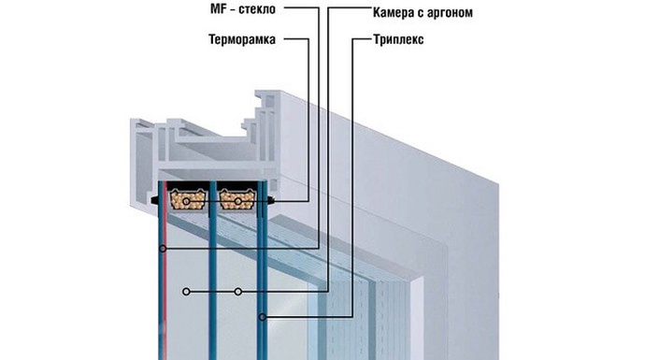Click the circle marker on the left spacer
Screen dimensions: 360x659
tap(189, 199)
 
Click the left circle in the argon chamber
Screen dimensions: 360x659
tap(188, 292)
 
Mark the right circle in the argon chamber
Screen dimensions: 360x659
tap(239, 292)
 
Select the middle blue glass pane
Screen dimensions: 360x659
tap(214, 281)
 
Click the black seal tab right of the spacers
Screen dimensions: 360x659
tap(273, 199)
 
